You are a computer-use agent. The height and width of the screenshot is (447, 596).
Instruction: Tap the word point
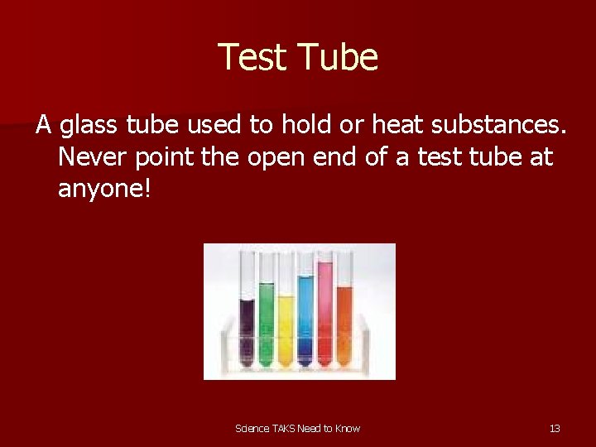pos(169,157)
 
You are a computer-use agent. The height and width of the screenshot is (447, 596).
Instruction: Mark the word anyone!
pos(105,189)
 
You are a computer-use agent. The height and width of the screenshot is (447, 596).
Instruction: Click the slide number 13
pos(555,428)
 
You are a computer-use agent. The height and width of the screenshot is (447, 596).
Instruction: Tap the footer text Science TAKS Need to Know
pos(298,428)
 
